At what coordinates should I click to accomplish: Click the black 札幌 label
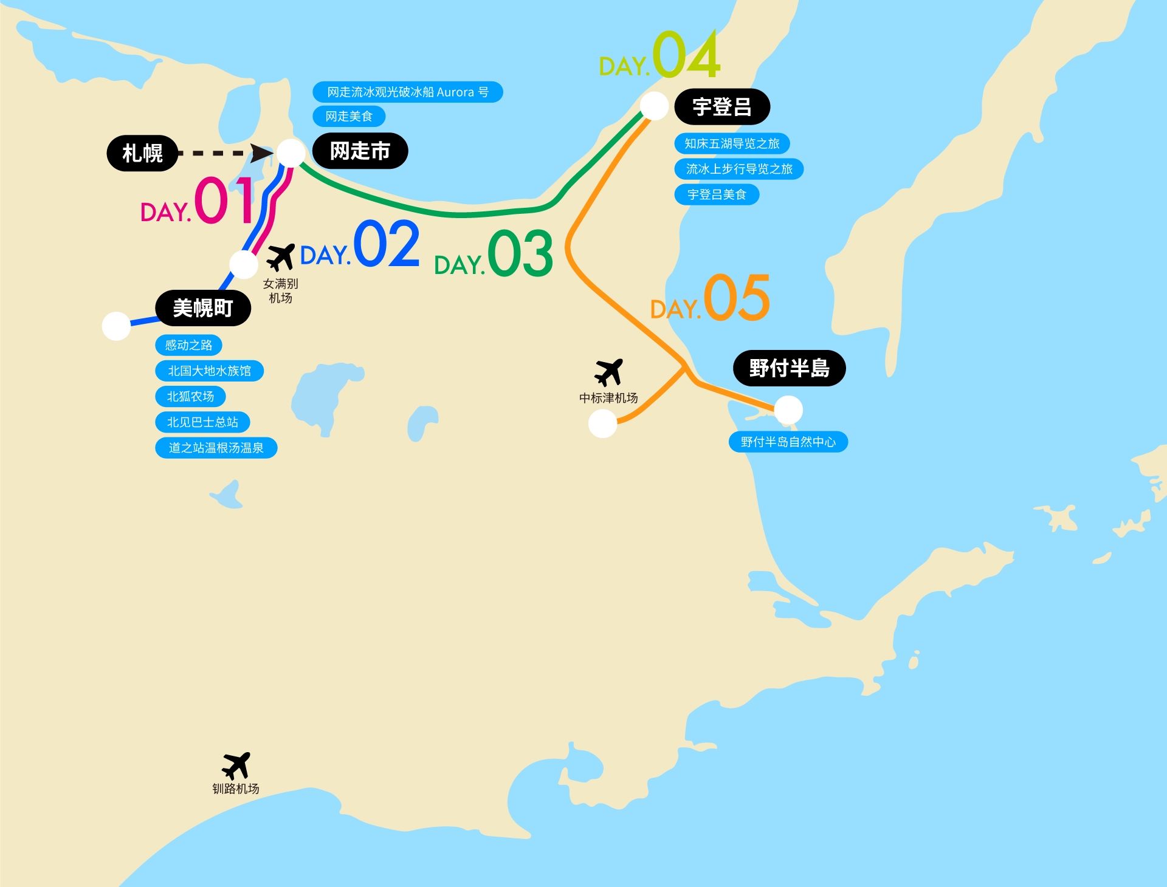(x=142, y=153)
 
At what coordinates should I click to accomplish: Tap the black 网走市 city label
(x=360, y=151)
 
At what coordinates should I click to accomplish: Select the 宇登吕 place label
(x=722, y=107)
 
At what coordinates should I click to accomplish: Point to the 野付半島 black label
(x=789, y=368)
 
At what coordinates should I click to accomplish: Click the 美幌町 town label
(x=203, y=308)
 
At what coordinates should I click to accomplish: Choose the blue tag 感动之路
(x=188, y=345)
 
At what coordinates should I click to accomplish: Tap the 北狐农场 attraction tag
(x=190, y=397)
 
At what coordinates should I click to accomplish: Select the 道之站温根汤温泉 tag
(x=216, y=448)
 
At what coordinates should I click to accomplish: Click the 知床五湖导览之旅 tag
(x=732, y=143)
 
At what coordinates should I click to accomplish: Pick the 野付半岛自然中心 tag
(x=788, y=442)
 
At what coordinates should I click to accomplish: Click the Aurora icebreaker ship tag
(x=407, y=92)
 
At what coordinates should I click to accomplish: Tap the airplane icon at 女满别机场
(x=280, y=257)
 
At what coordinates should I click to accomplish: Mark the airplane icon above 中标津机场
(x=608, y=372)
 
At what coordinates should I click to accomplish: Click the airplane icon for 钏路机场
(x=236, y=765)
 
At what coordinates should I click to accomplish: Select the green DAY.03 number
(x=520, y=254)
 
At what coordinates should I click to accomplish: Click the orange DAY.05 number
(x=736, y=298)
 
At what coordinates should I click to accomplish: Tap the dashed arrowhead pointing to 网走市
(x=263, y=153)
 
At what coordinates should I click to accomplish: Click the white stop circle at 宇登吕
(x=654, y=106)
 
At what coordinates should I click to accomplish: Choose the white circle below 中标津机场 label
(x=602, y=423)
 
